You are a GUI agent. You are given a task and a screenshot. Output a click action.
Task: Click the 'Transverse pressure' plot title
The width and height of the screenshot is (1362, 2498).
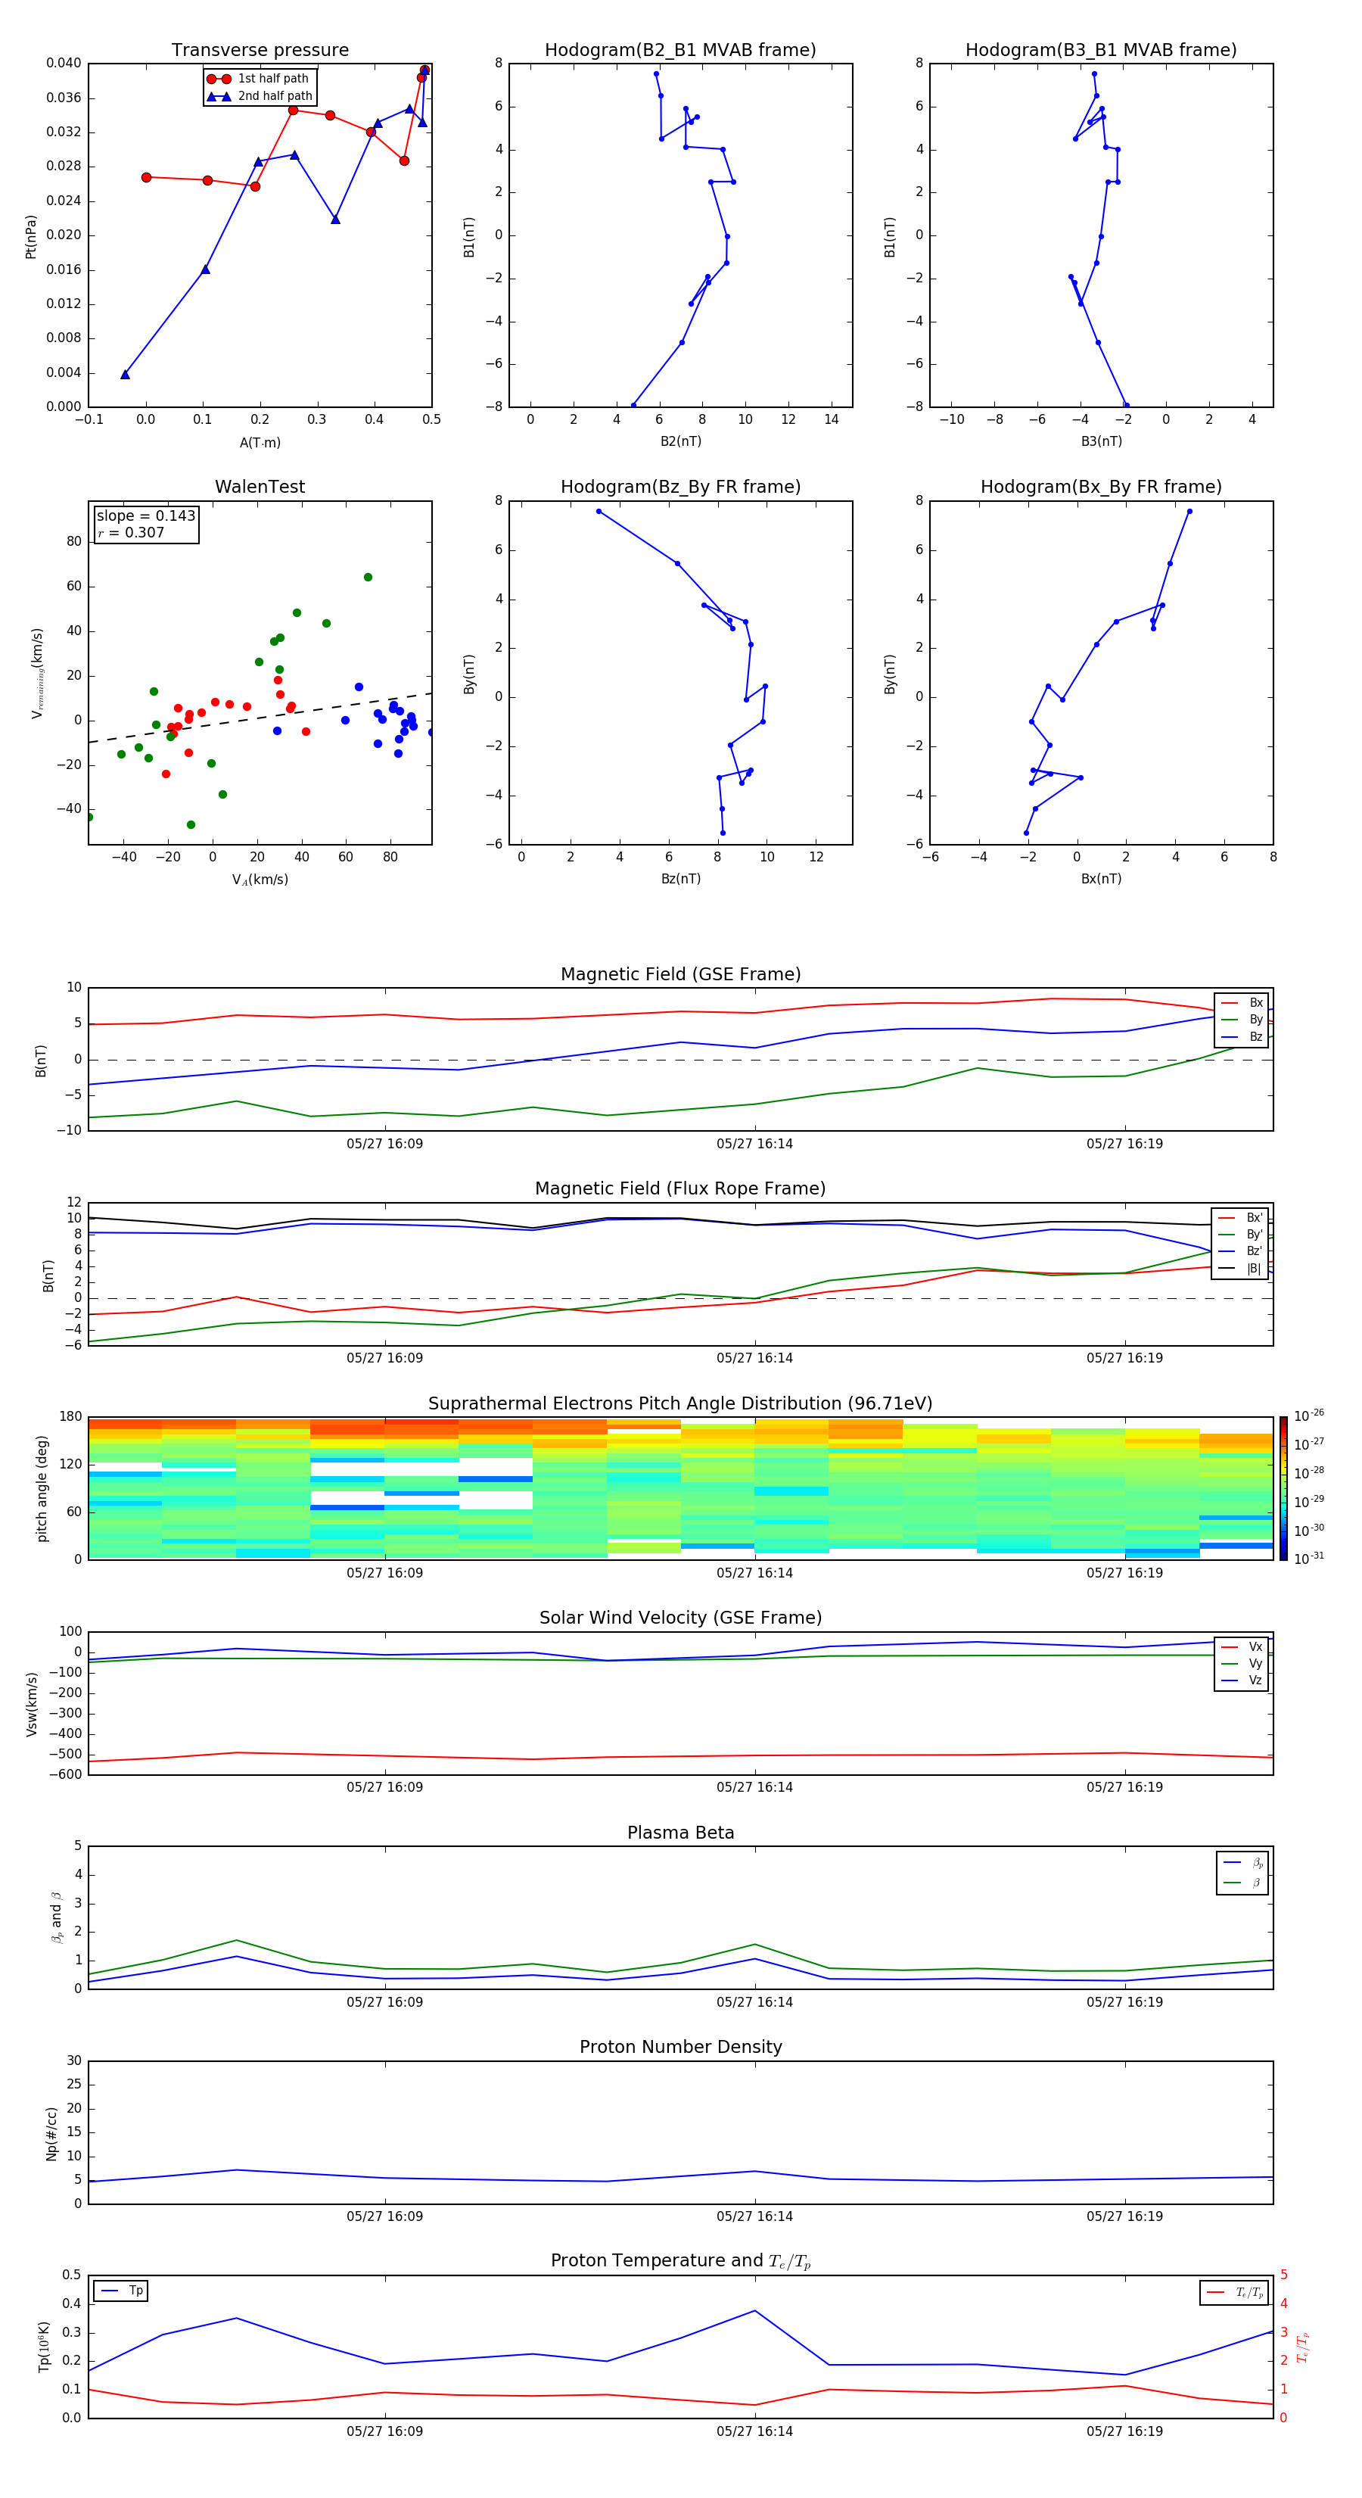point(260,51)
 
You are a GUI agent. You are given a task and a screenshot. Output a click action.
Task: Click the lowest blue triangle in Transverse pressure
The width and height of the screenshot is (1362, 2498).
point(125,374)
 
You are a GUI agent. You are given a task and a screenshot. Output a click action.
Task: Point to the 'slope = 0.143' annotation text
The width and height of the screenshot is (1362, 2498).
point(145,516)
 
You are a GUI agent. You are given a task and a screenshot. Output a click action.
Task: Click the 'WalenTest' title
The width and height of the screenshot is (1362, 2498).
point(260,487)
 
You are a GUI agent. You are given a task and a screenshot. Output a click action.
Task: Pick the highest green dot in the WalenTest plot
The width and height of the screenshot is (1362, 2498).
point(368,577)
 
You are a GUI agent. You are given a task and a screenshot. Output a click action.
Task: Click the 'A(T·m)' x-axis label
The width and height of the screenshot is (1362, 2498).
point(260,443)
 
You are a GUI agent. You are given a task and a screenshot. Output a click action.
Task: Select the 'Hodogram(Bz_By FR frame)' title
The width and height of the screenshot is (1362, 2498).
point(680,487)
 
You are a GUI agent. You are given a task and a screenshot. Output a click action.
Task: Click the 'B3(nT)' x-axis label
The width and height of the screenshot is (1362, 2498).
point(1101,441)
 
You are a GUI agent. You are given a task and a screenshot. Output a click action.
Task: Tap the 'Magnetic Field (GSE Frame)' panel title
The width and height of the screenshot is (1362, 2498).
point(680,974)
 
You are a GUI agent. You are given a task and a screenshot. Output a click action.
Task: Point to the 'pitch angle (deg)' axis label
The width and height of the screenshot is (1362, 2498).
point(42,1487)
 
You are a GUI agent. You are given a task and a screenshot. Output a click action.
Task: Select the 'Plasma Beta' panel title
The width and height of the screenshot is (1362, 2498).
point(680,1833)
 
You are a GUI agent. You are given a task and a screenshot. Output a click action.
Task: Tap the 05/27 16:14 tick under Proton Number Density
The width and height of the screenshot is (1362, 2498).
point(754,2216)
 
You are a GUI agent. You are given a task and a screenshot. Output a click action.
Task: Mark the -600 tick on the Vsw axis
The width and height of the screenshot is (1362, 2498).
point(69,1774)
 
